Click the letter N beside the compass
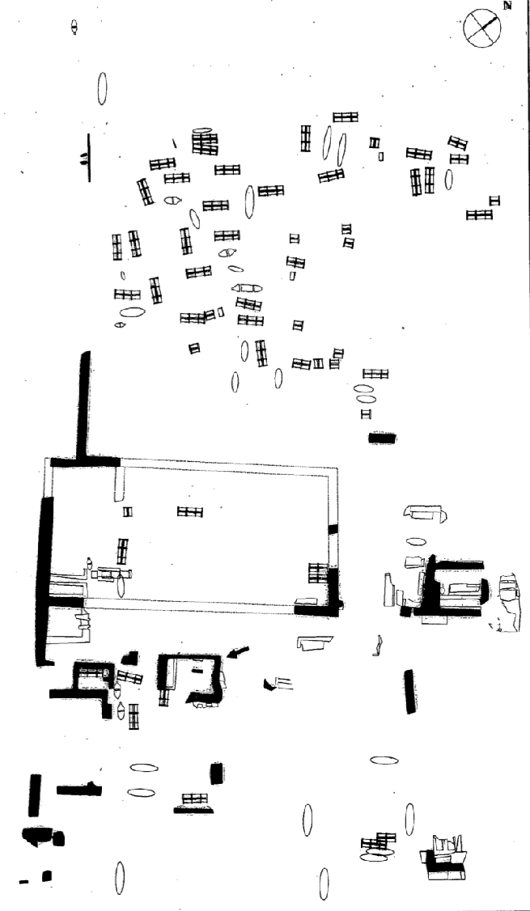[x=508, y=6]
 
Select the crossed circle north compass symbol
[x=481, y=28]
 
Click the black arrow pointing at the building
[x=238, y=652]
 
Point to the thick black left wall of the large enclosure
[x=44, y=581]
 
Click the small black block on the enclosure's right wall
[x=333, y=529]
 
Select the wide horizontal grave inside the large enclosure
[x=190, y=512]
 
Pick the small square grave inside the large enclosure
[x=127, y=512]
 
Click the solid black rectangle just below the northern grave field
[x=381, y=438]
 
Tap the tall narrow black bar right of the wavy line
[x=409, y=692]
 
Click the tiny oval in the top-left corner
[x=74, y=27]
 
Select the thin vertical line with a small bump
[x=88, y=158]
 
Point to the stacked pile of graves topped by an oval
[x=204, y=142]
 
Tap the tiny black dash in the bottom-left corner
[x=23, y=882]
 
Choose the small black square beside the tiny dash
[x=46, y=875]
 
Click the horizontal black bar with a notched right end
[x=79, y=790]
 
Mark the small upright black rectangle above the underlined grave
[x=216, y=773]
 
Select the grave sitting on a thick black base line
[x=194, y=803]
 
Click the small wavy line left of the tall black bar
[x=378, y=646]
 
